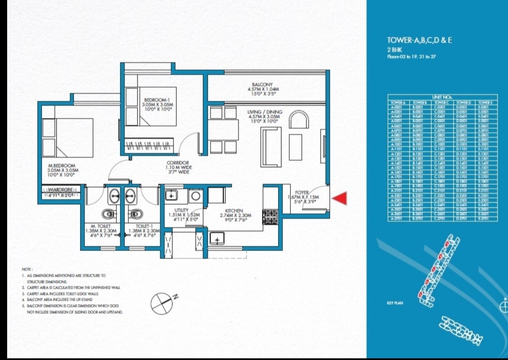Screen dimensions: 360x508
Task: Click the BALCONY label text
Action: (262, 84)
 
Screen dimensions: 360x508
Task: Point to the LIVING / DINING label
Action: (265, 112)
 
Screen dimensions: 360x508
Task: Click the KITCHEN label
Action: (235, 210)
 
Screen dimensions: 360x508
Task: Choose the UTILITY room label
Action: (182, 210)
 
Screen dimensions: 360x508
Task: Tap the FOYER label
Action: (303, 192)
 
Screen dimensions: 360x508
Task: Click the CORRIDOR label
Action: (179, 163)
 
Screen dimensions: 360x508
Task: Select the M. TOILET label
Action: (102, 226)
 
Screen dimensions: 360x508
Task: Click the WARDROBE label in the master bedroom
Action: (60, 190)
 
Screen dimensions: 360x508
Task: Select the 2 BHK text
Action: (394, 49)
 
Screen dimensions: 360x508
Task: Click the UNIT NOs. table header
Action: (442, 97)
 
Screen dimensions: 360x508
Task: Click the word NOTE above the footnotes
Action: (27, 270)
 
